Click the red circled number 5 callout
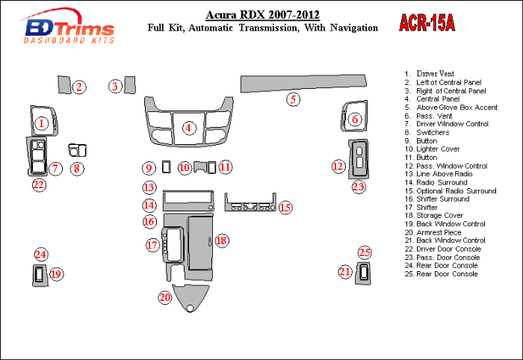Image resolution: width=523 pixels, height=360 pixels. pyautogui.click(x=294, y=99)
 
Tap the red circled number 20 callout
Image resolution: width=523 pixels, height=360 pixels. pyautogui.click(x=164, y=297)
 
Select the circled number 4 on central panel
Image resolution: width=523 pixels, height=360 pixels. pyautogui.click(x=190, y=128)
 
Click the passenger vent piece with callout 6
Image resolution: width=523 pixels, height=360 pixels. pyautogui.click(x=352, y=116)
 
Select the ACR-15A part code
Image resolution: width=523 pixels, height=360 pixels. pyautogui.click(x=427, y=24)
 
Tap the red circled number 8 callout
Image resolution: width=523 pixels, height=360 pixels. pyautogui.click(x=77, y=169)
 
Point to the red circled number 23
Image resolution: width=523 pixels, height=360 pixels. pyautogui.click(x=359, y=187)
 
